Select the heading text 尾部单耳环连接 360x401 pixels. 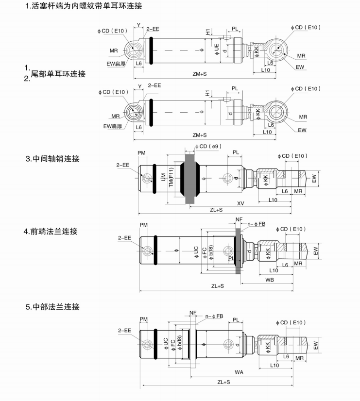pyautogui.click(x=58, y=74)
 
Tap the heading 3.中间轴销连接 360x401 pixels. pyautogui.click(x=52, y=159)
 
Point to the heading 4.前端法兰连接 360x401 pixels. pyautogui.click(x=51, y=232)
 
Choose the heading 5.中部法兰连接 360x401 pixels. pyautogui.click(x=52, y=307)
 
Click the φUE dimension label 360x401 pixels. pyautogui.click(x=217, y=50)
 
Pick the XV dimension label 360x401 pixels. pyautogui.click(x=240, y=202)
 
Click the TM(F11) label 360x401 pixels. pyautogui.click(x=171, y=179)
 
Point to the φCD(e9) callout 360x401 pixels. pyautogui.click(x=207, y=147)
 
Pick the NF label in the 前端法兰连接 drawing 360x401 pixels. pyautogui.click(x=239, y=220)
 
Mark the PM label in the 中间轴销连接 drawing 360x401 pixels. pyautogui.click(x=141, y=153)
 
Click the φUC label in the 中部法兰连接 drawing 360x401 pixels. pyautogui.click(x=166, y=343)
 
